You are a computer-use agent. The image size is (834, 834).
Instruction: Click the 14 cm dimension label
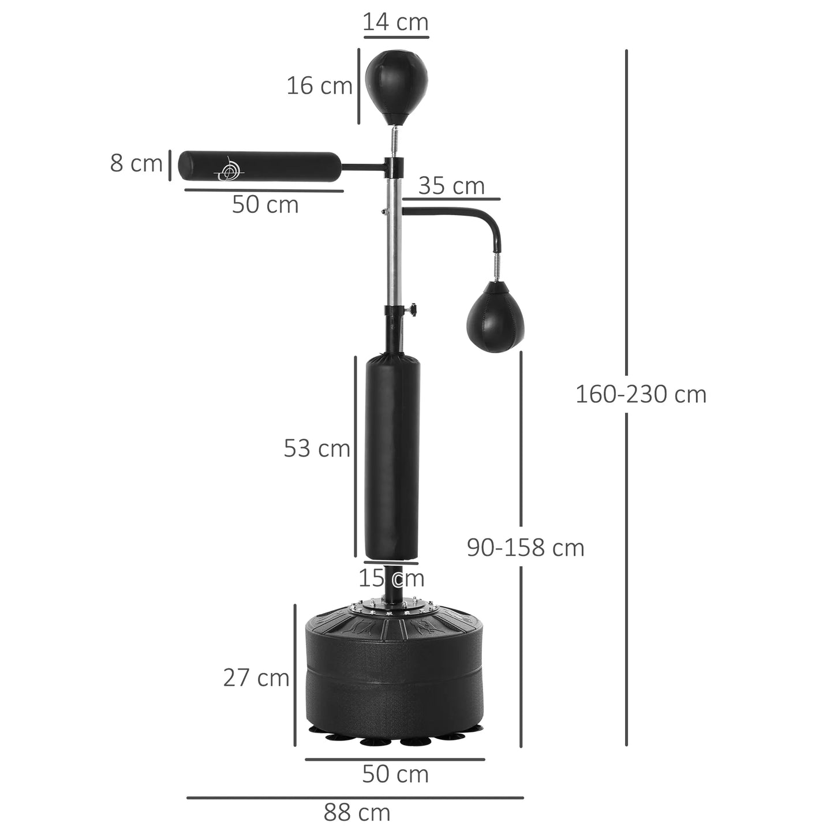click(x=395, y=23)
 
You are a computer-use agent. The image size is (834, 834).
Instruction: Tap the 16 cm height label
click(x=319, y=86)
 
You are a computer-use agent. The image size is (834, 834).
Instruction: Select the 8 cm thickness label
click(x=136, y=163)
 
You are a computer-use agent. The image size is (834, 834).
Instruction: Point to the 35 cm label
click(x=451, y=186)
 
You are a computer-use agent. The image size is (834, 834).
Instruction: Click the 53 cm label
click(x=316, y=448)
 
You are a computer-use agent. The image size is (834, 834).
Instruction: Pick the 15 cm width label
click(x=391, y=578)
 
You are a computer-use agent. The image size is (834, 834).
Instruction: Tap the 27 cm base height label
click(x=256, y=678)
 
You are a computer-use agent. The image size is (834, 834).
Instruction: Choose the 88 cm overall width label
click(x=357, y=813)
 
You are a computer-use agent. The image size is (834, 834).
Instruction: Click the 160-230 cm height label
click(x=641, y=395)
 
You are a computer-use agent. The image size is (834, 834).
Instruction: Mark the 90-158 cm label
click(x=525, y=548)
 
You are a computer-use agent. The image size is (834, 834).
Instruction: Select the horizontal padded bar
click(x=260, y=167)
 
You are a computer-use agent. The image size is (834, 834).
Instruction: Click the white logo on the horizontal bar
click(x=228, y=169)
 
